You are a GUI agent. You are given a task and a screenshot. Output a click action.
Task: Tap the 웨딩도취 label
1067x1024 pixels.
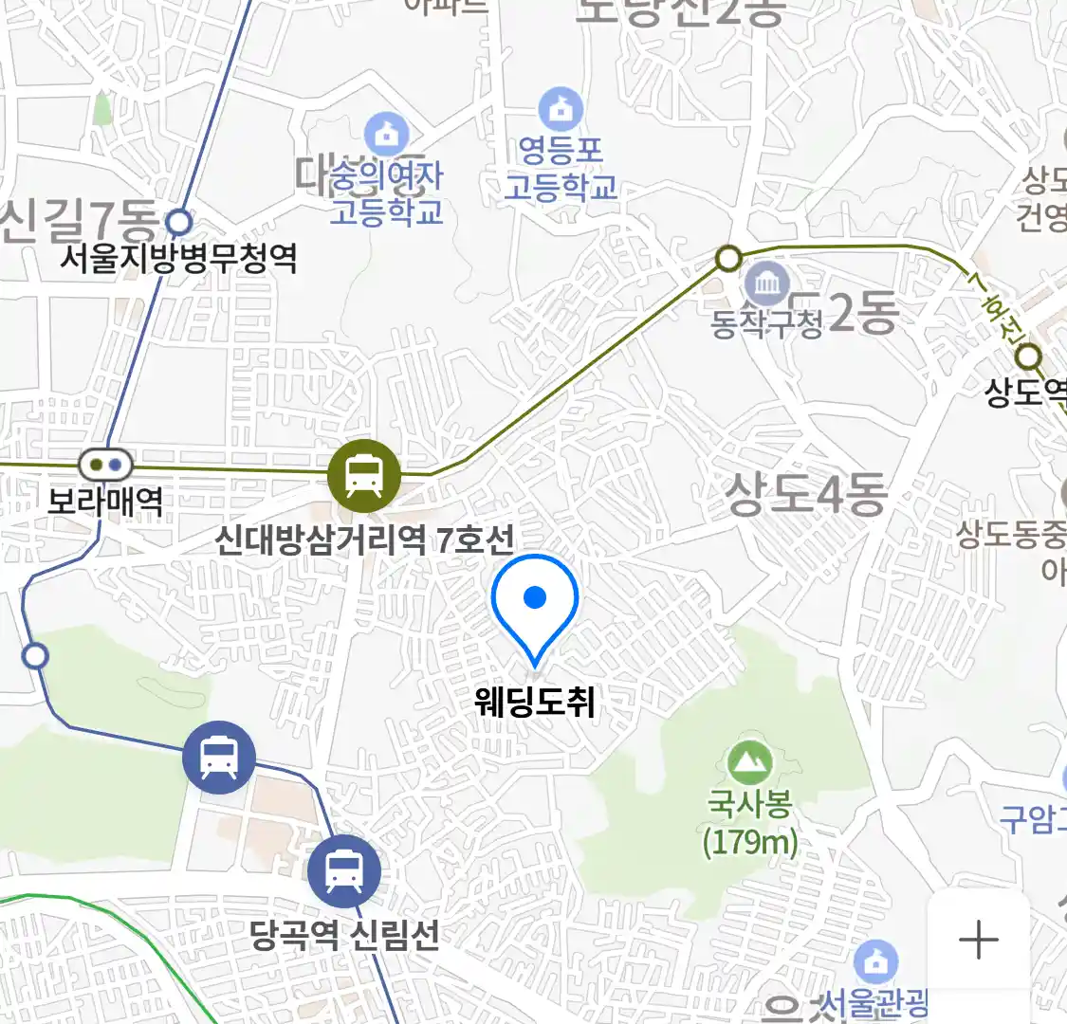coord(535,702)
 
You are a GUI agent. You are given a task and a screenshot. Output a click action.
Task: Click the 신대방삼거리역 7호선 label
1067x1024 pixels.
coord(364,539)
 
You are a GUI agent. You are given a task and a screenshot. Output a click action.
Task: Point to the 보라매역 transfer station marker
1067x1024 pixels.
coord(105,465)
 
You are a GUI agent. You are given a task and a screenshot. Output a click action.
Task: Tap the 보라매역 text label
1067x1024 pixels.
coord(105,500)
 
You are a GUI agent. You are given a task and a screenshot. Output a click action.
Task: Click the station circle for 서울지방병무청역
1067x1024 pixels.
coord(179,223)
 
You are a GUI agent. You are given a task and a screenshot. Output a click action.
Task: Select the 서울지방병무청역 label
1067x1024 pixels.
coord(178,257)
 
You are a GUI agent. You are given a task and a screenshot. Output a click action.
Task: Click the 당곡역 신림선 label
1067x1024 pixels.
coord(345,935)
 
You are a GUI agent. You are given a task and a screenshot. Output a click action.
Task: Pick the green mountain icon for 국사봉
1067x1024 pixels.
coord(750,762)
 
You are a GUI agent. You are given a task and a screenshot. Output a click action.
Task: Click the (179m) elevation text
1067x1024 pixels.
coord(750,842)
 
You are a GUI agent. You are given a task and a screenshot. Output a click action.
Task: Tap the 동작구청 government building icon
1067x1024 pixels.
coord(767,283)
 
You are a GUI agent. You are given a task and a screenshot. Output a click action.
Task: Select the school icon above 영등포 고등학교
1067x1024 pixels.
coord(561,110)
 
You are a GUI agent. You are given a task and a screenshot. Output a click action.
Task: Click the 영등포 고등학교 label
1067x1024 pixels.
coord(561,168)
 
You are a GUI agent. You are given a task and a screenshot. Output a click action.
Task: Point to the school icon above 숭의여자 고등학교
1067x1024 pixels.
coord(386,134)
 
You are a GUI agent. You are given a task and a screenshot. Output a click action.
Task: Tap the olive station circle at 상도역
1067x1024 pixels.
coord(1029,357)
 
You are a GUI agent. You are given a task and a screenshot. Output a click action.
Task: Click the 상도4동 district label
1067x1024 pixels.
coord(806,494)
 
